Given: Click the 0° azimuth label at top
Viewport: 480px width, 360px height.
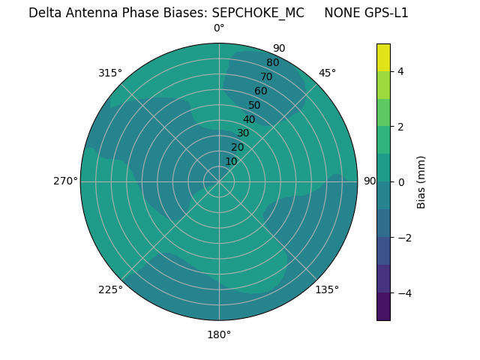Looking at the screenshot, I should click(x=219, y=28).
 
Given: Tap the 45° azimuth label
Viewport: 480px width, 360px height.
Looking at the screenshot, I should click(x=327, y=73).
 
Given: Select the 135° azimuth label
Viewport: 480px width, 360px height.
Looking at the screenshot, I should click(x=327, y=289).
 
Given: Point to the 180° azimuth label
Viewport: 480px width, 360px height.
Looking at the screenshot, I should click(x=219, y=334).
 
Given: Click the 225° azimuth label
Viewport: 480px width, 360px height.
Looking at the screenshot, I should click(x=110, y=289).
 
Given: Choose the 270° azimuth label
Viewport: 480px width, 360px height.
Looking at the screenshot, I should click(x=65, y=181).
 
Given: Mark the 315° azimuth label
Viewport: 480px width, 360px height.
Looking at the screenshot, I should click(x=110, y=73).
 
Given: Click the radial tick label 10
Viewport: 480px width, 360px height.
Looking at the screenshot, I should click(x=232, y=161).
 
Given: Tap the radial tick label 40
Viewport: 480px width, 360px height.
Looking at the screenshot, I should click(x=249, y=119).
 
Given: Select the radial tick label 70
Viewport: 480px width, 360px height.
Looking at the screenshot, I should click(x=266, y=76).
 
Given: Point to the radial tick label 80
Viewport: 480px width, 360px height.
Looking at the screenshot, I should click(x=272, y=63).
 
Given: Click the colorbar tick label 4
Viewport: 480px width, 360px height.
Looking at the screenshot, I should click(x=401, y=71).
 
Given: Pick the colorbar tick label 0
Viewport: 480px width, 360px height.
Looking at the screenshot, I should click(x=401, y=182).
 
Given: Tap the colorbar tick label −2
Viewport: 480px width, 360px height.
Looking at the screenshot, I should click(x=404, y=238).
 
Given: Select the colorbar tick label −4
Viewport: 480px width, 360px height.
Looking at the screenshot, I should click(x=404, y=293).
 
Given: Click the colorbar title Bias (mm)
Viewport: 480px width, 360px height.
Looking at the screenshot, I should click(x=421, y=182).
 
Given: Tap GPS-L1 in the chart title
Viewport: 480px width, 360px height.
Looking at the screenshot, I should click(x=384, y=13).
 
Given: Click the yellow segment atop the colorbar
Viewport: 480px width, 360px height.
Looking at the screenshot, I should click(x=383, y=57).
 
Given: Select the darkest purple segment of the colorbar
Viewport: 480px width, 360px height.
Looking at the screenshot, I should click(x=383, y=307).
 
